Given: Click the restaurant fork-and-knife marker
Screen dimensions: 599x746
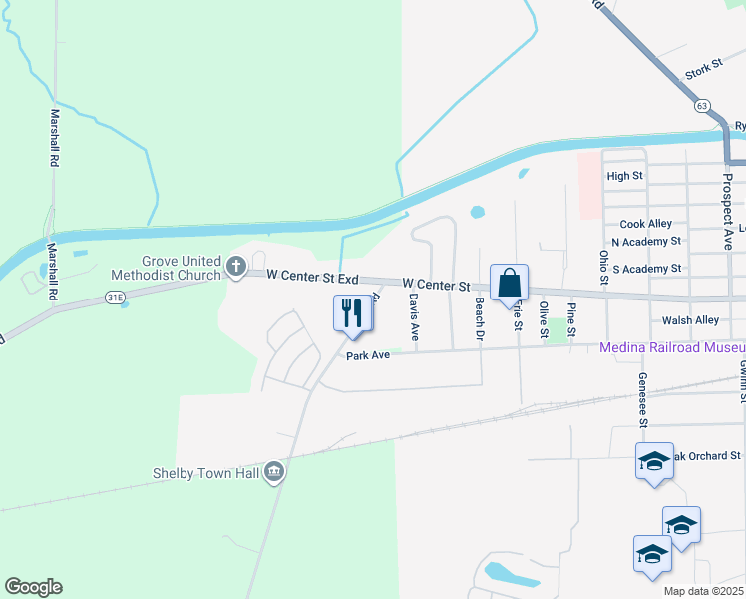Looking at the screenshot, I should [x=352, y=312].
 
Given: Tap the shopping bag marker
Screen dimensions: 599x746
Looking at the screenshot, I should [x=509, y=284].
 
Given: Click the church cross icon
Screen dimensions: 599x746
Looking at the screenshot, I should [x=236, y=267].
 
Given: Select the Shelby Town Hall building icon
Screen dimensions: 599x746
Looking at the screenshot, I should [x=275, y=473].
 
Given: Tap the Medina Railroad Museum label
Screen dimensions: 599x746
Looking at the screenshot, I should [x=671, y=348].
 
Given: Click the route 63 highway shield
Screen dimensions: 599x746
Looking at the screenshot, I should [x=703, y=104].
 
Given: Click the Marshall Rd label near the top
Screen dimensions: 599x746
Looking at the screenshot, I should [x=55, y=138].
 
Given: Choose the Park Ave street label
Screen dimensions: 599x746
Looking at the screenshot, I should [x=367, y=355].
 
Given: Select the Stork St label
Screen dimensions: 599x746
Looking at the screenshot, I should [x=702, y=73].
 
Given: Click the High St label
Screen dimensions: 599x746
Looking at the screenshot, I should [x=624, y=176].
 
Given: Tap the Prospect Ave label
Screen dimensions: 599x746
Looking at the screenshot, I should [x=727, y=210].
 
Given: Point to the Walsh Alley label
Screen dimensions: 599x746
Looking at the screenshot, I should [x=690, y=320].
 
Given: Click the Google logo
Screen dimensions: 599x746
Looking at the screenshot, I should [x=33, y=587].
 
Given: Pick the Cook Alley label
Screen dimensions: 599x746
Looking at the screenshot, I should [x=645, y=224].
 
